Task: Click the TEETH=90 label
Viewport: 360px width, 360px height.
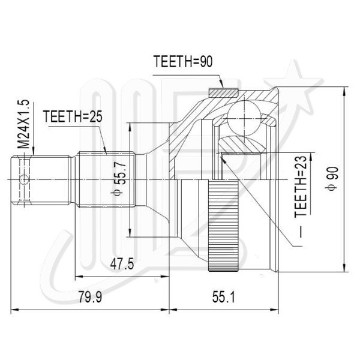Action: pos(183,62)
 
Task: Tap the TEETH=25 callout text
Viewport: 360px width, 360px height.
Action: pos(73,116)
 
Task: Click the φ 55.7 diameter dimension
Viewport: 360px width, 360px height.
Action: pos(119,179)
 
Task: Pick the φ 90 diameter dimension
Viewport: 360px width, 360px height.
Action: pos(332,179)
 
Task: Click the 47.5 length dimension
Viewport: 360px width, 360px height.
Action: pos(122,264)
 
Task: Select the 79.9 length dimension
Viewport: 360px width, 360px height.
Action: pos(90,297)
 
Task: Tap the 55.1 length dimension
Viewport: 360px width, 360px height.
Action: pos(224,297)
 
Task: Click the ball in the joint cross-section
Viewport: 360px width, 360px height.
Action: pos(244,119)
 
